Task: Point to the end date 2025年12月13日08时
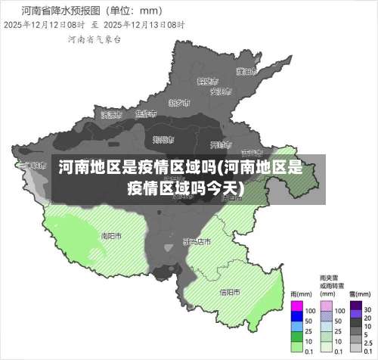click(x=144, y=24)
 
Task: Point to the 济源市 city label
click(x=111, y=115)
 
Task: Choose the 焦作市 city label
click(x=144, y=114)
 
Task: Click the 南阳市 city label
click(x=111, y=235)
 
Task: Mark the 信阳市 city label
click(x=230, y=292)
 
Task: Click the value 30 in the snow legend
click(x=367, y=310)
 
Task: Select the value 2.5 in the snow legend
click(x=368, y=341)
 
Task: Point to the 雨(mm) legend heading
click(x=301, y=294)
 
